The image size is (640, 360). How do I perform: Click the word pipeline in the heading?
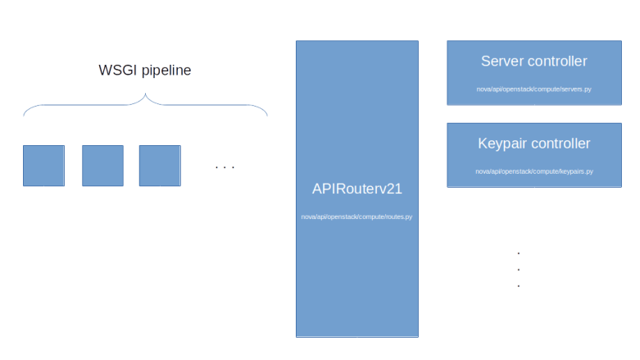coord(166,71)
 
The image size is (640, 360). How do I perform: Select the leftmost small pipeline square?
coord(43,165)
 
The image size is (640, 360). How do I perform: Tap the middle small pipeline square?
coord(102,165)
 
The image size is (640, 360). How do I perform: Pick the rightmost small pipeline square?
coord(160,165)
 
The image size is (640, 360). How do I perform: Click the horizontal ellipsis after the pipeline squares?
coord(224,167)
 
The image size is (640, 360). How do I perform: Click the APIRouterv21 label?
coord(356,189)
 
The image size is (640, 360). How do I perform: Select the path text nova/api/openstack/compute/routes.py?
coord(356,217)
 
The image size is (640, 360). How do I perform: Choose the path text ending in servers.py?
coord(533,89)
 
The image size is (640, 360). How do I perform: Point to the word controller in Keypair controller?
coord(561,144)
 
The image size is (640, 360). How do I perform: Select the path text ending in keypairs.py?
coord(533,171)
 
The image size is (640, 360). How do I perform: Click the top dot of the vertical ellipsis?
coord(519,253)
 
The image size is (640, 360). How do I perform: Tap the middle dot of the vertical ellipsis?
coord(519,269)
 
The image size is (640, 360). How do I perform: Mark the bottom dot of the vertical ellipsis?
coord(519,285)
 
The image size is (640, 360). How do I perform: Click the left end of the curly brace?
coord(24,114)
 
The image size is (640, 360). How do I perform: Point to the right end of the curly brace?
coord(267,114)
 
